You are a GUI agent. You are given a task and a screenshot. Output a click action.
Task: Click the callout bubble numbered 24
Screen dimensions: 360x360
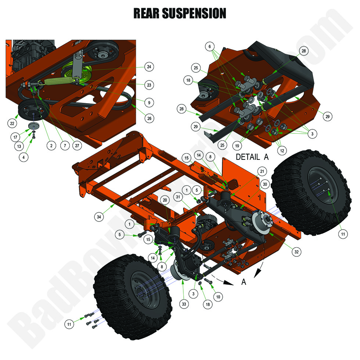[x=149, y=67]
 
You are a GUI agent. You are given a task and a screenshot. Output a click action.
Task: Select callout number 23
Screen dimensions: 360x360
[x=149, y=84]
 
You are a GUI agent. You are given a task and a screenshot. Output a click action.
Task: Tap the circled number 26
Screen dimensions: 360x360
[x=149, y=118]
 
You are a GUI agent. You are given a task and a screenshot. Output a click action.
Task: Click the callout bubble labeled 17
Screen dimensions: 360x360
[x=15, y=137]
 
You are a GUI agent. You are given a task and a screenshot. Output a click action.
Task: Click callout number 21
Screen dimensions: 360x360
[x=262, y=172]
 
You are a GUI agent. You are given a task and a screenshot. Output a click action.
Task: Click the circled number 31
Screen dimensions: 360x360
[x=179, y=197]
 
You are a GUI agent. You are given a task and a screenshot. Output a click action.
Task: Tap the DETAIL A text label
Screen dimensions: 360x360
[x=252, y=157]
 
